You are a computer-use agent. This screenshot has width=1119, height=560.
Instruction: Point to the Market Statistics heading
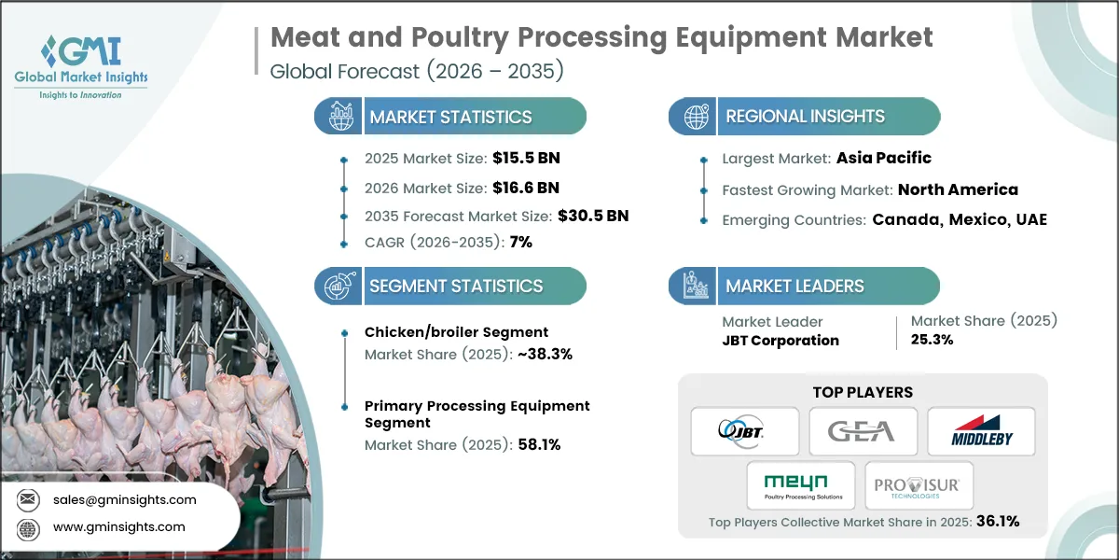click(x=450, y=117)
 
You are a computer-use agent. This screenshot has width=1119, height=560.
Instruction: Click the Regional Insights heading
click(x=805, y=117)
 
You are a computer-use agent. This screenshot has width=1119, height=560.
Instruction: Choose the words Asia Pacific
click(x=882, y=158)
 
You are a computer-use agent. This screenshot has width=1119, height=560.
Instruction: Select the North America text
click(x=958, y=189)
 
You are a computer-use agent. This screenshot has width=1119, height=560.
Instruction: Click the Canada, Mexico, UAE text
click(x=960, y=220)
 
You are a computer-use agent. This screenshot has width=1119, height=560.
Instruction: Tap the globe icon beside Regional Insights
click(x=695, y=117)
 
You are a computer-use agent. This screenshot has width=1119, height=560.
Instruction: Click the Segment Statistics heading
click(x=456, y=286)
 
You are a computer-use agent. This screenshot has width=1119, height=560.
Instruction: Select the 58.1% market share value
click(x=538, y=444)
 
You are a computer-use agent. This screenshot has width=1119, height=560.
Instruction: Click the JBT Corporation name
click(x=781, y=340)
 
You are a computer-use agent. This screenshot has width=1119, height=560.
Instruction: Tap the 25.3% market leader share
click(x=932, y=340)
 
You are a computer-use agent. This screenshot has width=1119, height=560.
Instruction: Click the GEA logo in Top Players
click(x=862, y=430)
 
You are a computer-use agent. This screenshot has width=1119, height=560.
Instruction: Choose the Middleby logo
click(x=980, y=430)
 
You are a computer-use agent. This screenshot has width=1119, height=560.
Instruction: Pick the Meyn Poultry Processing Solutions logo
click(x=801, y=485)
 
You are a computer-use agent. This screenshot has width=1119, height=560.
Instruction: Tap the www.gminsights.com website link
click(x=117, y=526)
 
